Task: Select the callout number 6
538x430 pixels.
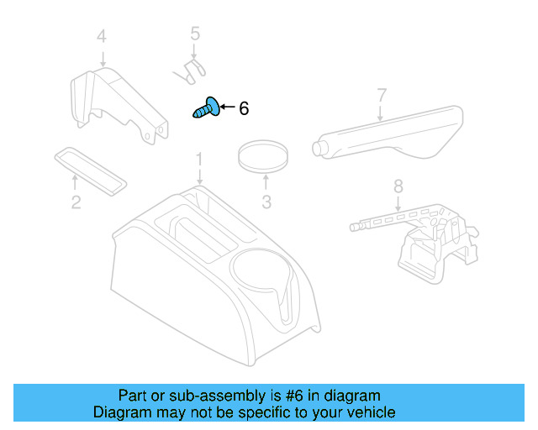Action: click(244, 108)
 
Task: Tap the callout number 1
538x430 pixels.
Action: click(199, 158)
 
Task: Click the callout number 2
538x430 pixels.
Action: click(76, 202)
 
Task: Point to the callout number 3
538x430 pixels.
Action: click(266, 202)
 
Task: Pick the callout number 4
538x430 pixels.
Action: click(102, 36)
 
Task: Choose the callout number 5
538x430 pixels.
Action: click(195, 34)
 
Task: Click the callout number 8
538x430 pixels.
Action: click(398, 186)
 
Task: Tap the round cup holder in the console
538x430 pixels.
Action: click(256, 273)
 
